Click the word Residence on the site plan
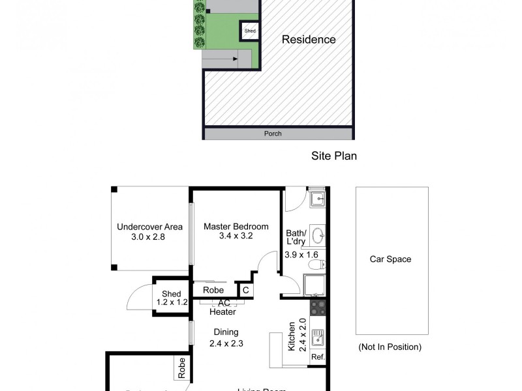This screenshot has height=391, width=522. (x=309, y=40)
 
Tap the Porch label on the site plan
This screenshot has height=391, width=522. (x=273, y=134)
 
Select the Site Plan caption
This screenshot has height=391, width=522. (x=333, y=156)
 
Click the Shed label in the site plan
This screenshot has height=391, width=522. (x=250, y=31)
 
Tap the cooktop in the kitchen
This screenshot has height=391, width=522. (x=318, y=308)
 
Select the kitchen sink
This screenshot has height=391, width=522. (x=318, y=338)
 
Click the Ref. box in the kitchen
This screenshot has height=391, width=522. (x=318, y=357)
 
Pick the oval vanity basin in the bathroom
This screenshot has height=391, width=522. (x=318, y=235)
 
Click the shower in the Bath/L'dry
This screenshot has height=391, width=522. (x=314, y=285)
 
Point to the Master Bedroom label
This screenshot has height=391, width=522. (x=236, y=227)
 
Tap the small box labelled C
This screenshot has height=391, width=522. (x=245, y=290)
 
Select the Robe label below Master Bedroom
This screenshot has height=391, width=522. (x=213, y=290)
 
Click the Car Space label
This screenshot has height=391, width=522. (x=390, y=259)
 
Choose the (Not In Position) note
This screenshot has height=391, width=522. (x=390, y=347)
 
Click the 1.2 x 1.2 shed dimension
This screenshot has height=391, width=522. (x=172, y=302)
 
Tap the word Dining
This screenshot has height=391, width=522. (x=225, y=332)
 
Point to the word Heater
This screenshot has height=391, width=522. (x=223, y=312)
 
